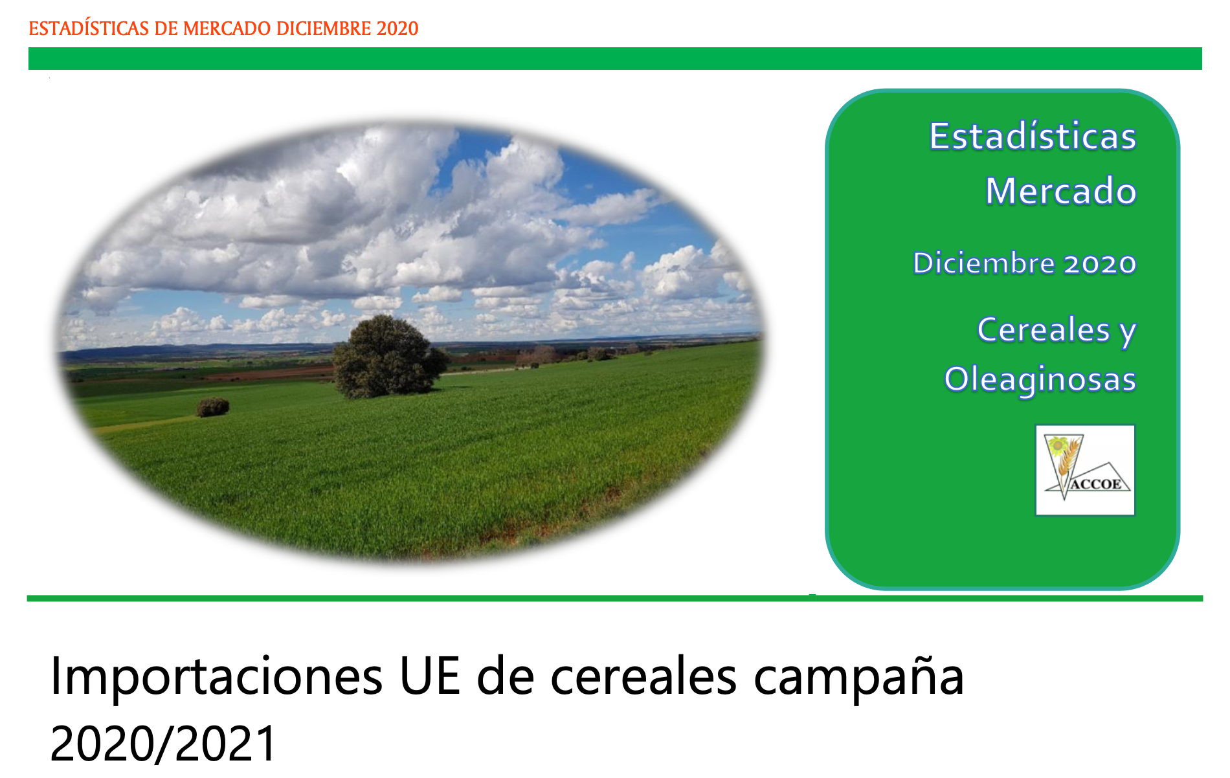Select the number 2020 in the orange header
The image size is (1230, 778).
pos(397,28)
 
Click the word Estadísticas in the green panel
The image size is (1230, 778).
pos(1033,137)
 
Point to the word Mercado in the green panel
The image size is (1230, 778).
pos(1061,191)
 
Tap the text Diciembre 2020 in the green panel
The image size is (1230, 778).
pos(1025,263)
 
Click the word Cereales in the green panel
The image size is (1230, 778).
pos(1044,329)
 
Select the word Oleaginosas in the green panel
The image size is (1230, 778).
pos(1040,379)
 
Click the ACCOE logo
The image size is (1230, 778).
pos(1086,470)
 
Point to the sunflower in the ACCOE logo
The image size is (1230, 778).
pos(1058,446)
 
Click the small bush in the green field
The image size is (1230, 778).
pos(213,407)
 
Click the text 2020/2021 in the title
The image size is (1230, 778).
pos(163,743)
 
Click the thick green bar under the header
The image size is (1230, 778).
pos(615,58)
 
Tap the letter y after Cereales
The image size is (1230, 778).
pos(1128,333)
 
